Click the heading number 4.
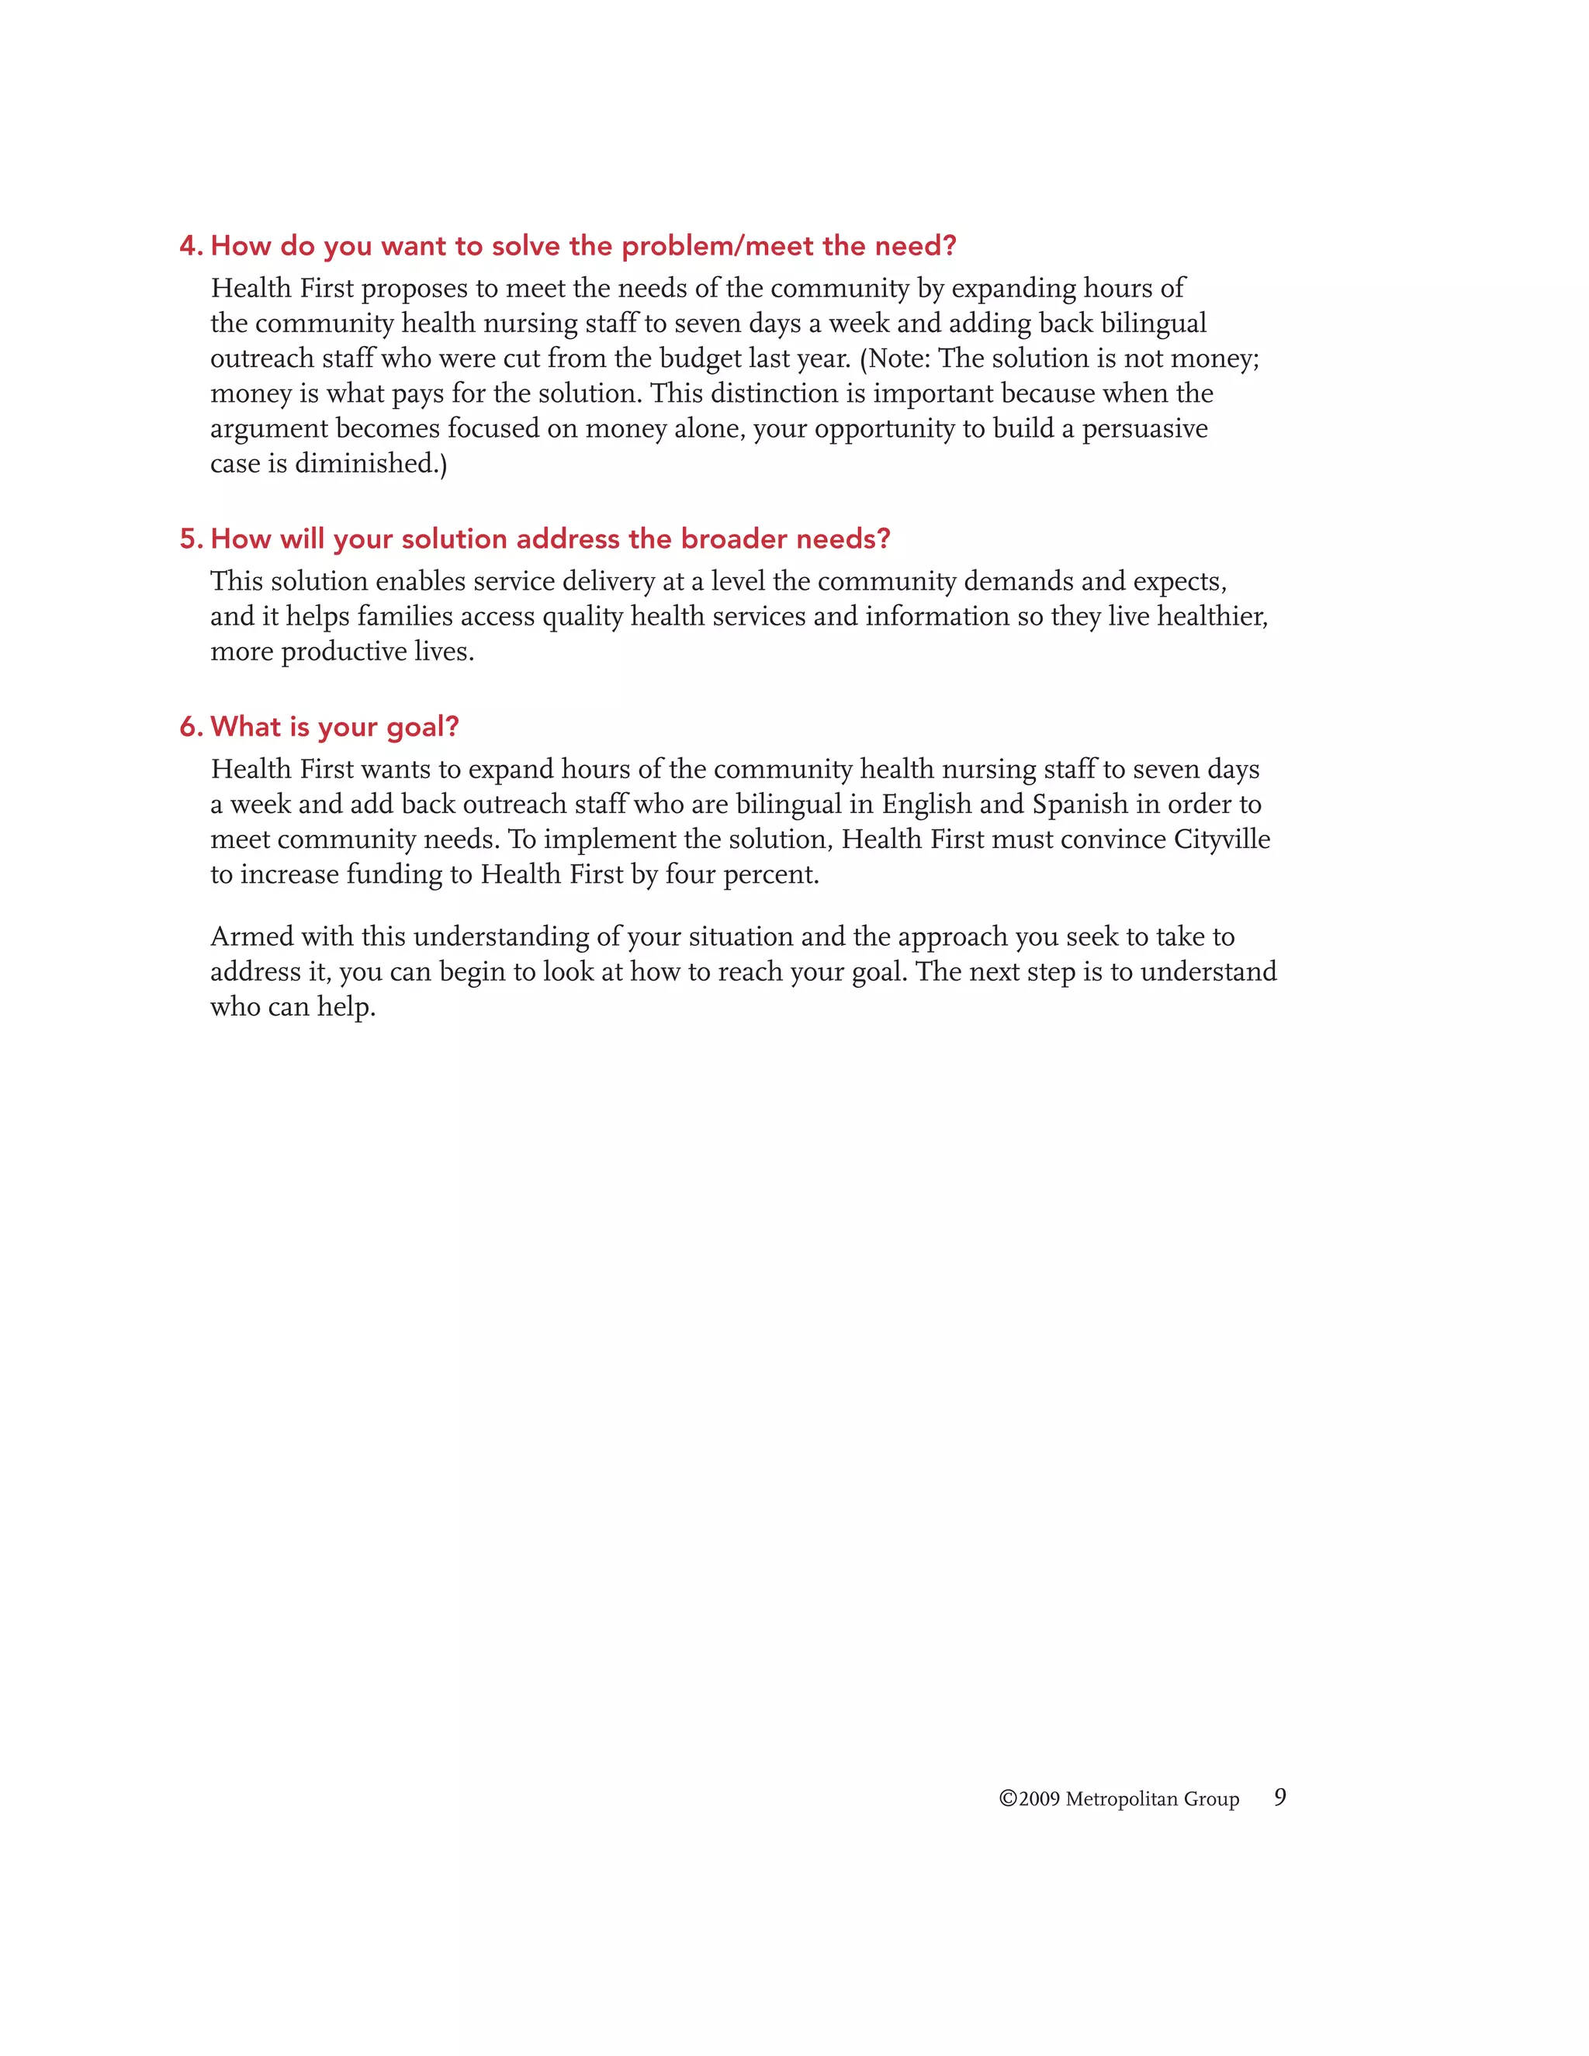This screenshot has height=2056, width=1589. pyautogui.click(x=190, y=247)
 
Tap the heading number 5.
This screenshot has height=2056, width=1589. pyautogui.click(x=190, y=539)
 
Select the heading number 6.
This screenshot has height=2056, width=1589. pyautogui.click(x=190, y=728)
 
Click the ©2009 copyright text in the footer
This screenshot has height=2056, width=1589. pyautogui.click(x=1029, y=1799)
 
